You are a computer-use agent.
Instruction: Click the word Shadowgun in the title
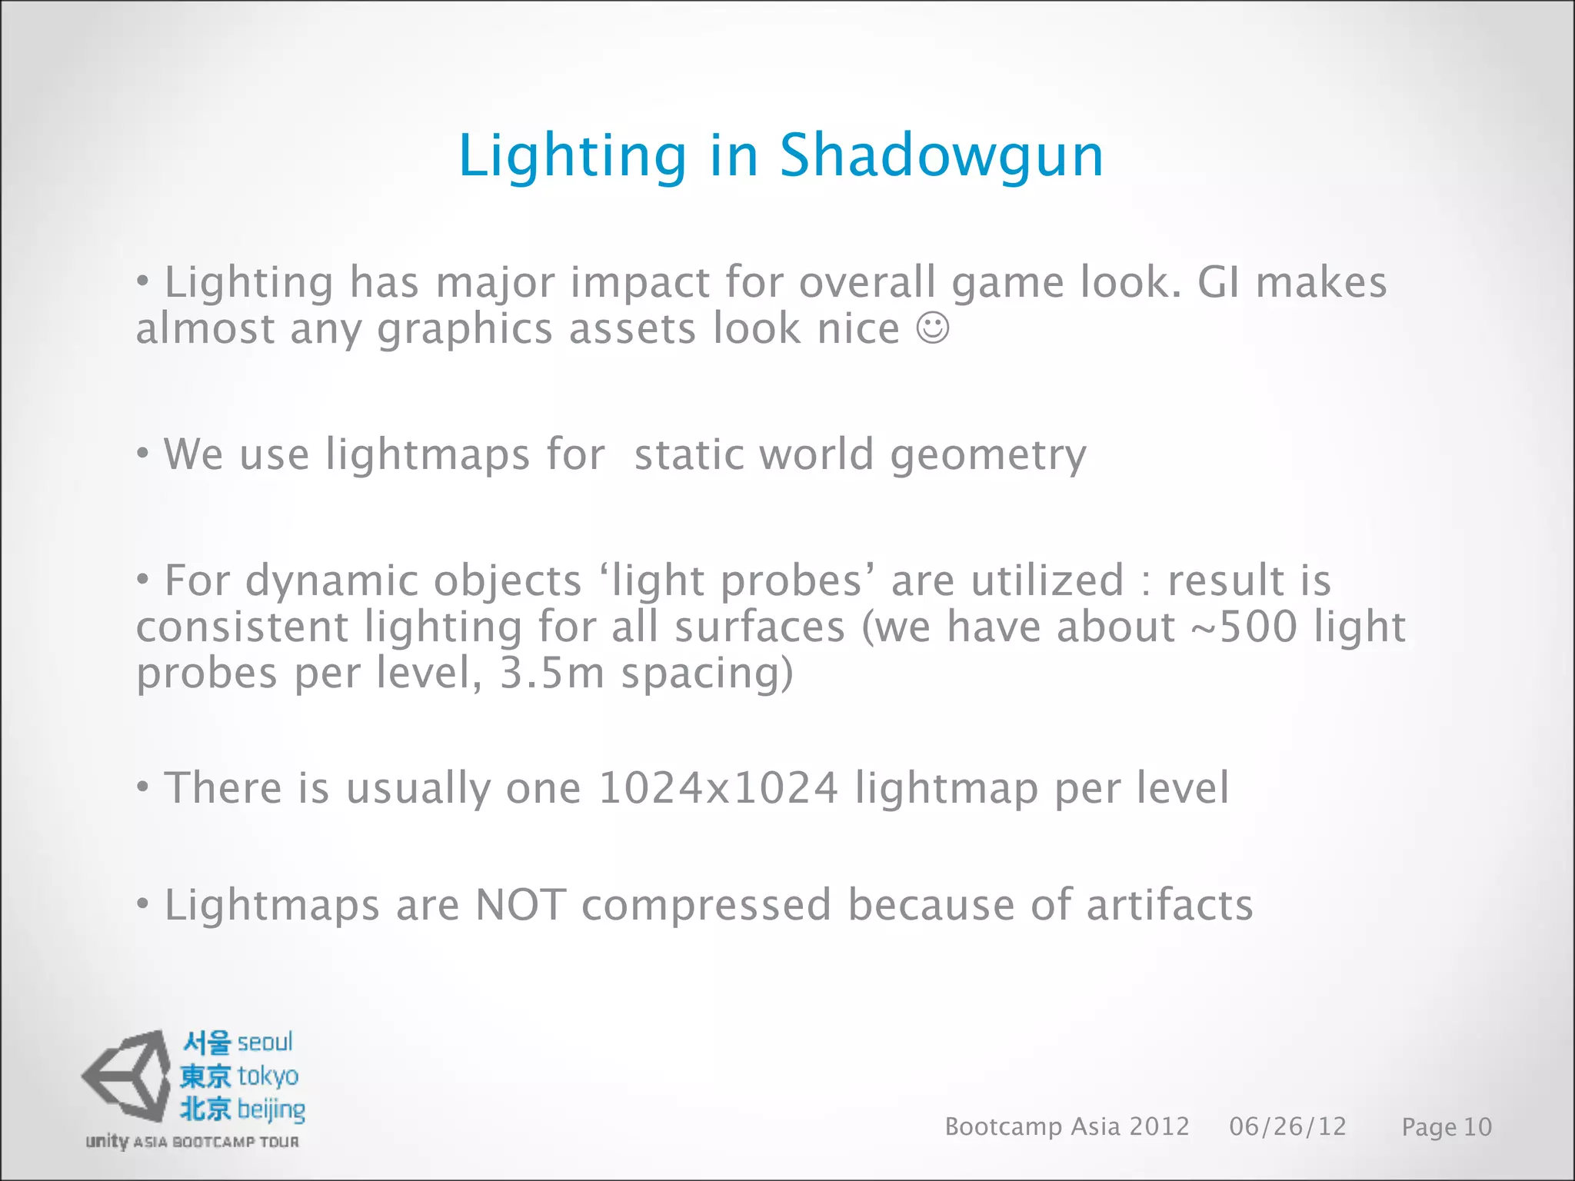coord(941,156)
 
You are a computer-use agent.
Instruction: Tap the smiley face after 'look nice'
coord(933,328)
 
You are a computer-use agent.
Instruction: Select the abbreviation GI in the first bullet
coord(1218,282)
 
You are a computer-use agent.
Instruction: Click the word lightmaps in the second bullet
coord(428,454)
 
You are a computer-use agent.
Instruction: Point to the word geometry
coord(988,456)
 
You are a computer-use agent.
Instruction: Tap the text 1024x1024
coord(718,788)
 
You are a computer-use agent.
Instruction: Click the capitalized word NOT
coord(521,905)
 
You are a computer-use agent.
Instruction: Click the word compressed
coord(706,907)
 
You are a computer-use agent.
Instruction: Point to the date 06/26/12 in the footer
coord(1287,1126)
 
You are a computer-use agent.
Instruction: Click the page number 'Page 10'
coord(1446,1127)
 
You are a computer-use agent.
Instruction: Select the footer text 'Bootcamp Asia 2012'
coord(1067,1126)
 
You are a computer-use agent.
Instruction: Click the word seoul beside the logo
coord(265,1043)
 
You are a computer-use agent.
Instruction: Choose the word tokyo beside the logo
coord(268,1076)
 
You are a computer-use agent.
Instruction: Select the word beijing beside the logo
coord(271,1109)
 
